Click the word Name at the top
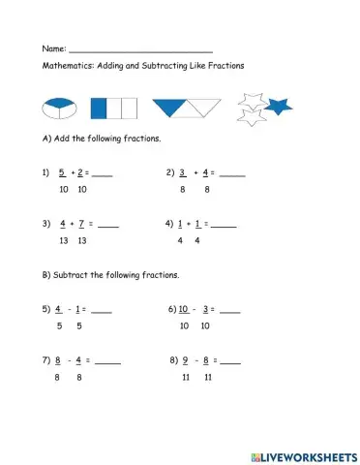point(52,47)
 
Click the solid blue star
point(279,106)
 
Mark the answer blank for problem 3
point(108,226)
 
